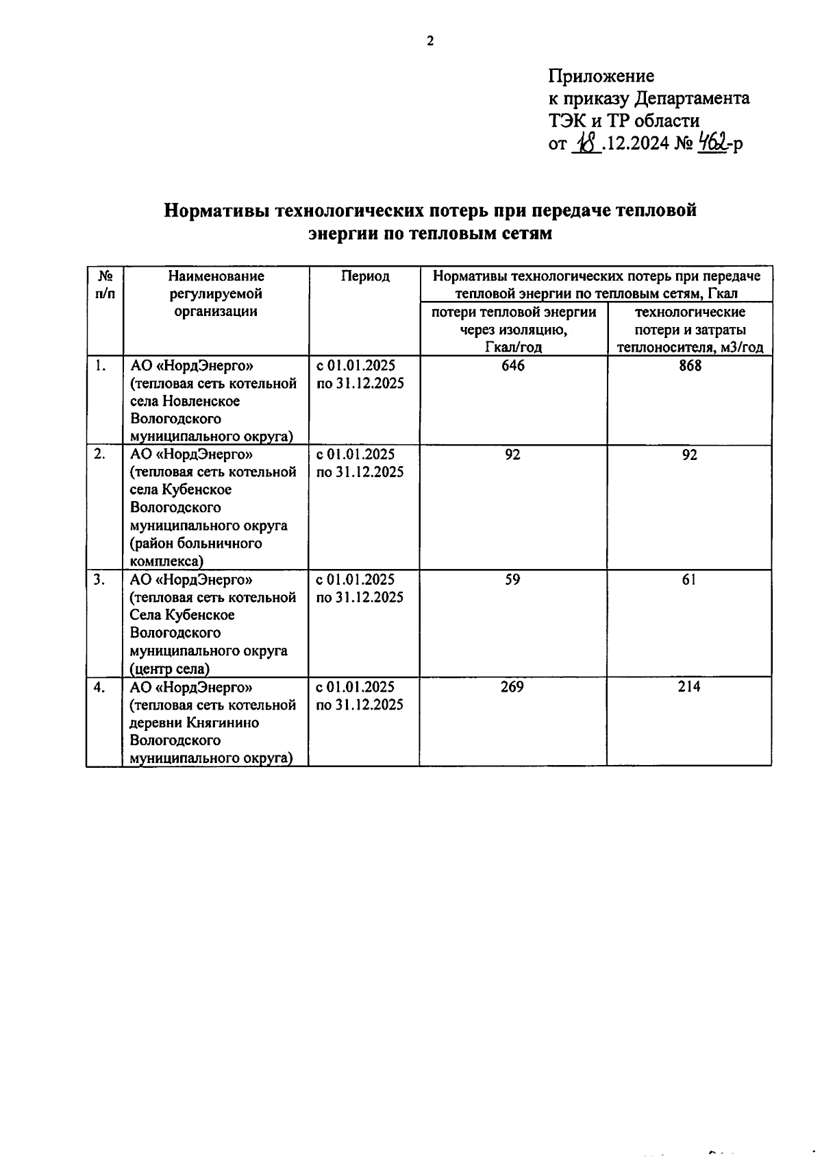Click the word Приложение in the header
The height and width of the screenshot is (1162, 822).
tap(601, 76)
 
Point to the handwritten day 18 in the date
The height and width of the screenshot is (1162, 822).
tap(586, 143)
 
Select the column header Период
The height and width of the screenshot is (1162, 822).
tap(365, 276)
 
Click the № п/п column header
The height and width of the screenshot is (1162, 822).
tap(105, 285)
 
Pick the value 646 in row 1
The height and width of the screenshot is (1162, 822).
tap(512, 366)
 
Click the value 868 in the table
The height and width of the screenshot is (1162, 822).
tap(690, 366)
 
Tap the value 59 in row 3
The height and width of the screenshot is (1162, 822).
tap(512, 580)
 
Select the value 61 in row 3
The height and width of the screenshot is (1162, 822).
tap(689, 580)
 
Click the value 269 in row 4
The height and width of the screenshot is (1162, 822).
tap(512, 687)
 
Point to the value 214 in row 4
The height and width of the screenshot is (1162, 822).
tap(689, 687)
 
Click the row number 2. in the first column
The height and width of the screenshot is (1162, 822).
tap(99, 455)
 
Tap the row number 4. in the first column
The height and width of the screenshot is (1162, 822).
tap(99, 687)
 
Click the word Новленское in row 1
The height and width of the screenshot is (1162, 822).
tap(201, 401)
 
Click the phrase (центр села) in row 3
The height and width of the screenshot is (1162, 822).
tap(170, 669)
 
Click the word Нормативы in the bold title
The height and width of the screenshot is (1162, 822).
tap(217, 210)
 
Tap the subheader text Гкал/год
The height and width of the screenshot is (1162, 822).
tap(512, 348)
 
